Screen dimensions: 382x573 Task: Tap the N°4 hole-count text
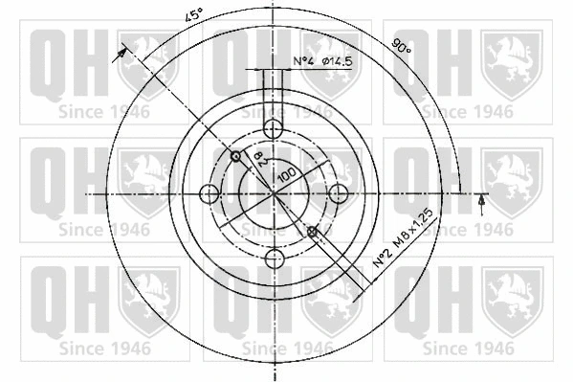(x=303, y=62)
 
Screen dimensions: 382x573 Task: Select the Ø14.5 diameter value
(x=337, y=62)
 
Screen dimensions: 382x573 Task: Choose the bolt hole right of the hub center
(x=338, y=193)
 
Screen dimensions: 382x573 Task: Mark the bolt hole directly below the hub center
(x=275, y=257)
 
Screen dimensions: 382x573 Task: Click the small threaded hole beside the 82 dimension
(x=235, y=155)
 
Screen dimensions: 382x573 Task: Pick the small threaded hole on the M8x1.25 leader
(x=312, y=231)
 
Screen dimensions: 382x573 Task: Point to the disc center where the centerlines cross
(x=275, y=193)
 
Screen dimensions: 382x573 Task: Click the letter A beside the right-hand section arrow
(x=481, y=204)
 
